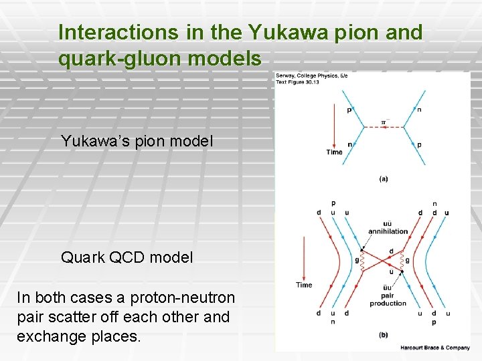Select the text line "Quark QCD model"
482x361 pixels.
(127, 257)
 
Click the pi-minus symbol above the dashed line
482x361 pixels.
(384, 122)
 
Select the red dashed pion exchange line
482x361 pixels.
(384, 127)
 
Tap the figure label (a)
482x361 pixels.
(384, 178)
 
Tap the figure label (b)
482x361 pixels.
(384, 334)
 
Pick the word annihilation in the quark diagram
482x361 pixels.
(388, 231)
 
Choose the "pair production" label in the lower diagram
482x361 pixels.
(388, 299)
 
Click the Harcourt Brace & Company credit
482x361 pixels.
(435, 348)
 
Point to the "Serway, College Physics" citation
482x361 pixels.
(312, 76)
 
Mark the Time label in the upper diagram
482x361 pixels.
(334, 152)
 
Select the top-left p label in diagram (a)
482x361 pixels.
(349, 110)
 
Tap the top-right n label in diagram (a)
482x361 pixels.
(420, 110)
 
